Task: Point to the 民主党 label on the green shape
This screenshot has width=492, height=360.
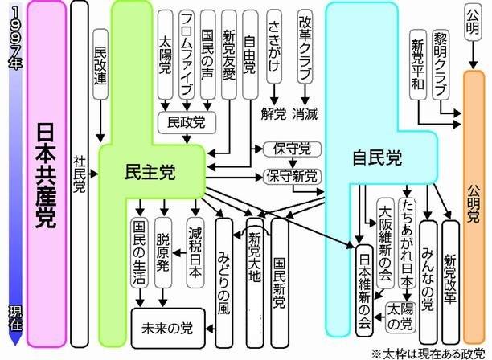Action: (x=150, y=170)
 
